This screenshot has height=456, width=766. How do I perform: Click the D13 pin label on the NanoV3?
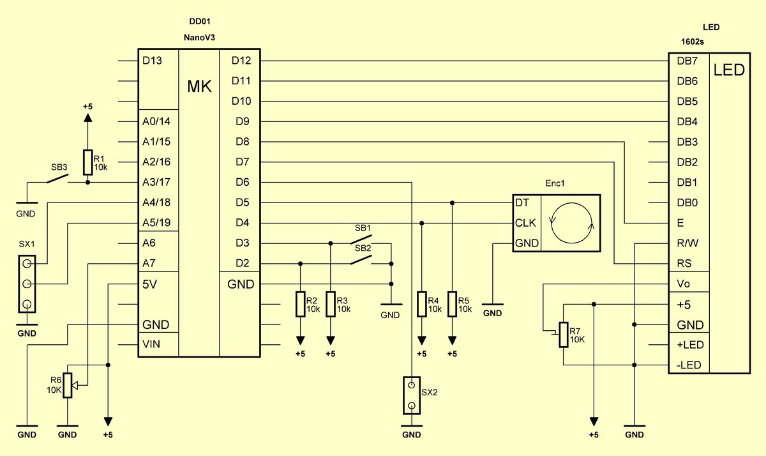pos(152,61)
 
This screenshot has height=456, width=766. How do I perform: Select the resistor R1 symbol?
pos(88,162)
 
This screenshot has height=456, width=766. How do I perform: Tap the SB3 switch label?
pos(59,167)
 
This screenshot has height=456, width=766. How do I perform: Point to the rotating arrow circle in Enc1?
pos(571,223)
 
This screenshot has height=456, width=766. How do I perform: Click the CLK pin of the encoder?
pos(525,223)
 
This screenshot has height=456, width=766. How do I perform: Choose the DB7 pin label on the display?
pos(687,61)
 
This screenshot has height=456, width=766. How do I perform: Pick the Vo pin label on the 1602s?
pos(683,284)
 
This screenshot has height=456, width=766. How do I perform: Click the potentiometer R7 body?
pos(564,335)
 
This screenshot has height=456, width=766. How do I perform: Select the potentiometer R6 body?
pos(68,385)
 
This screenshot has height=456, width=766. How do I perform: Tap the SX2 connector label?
pos(430,392)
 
